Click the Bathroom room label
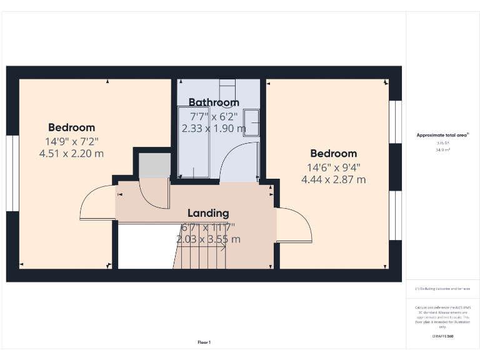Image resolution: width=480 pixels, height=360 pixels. pyautogui.click(x=214, y=102)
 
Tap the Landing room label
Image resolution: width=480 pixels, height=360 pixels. pyautogui.click(x=208, y=213)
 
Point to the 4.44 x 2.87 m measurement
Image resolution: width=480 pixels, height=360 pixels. pyautogui.click(x=334, y=180)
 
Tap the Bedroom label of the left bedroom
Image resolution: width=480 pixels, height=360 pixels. pyautogui.click(x=71, y=127)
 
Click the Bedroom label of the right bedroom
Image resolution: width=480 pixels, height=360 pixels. pyautogui.click(x=334, y=154)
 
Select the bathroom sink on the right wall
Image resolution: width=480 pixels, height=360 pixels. pyautogui.click(x=251, y=122)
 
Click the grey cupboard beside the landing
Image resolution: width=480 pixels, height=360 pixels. pyautogui.click(x=154, y=165)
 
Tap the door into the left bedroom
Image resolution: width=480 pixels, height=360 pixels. pyautogui.click(x=96, y=204)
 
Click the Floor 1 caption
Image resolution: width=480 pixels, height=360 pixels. pyautogui.click(x=204, y=342)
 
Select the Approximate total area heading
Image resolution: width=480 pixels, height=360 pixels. pyautogui.click(x=442, y=135)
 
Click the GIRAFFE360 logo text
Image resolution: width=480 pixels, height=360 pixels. pyautogui.click(x=442, y=336)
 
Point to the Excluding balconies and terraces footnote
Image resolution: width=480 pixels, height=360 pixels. pyautogui.click(x=442, y=289)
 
